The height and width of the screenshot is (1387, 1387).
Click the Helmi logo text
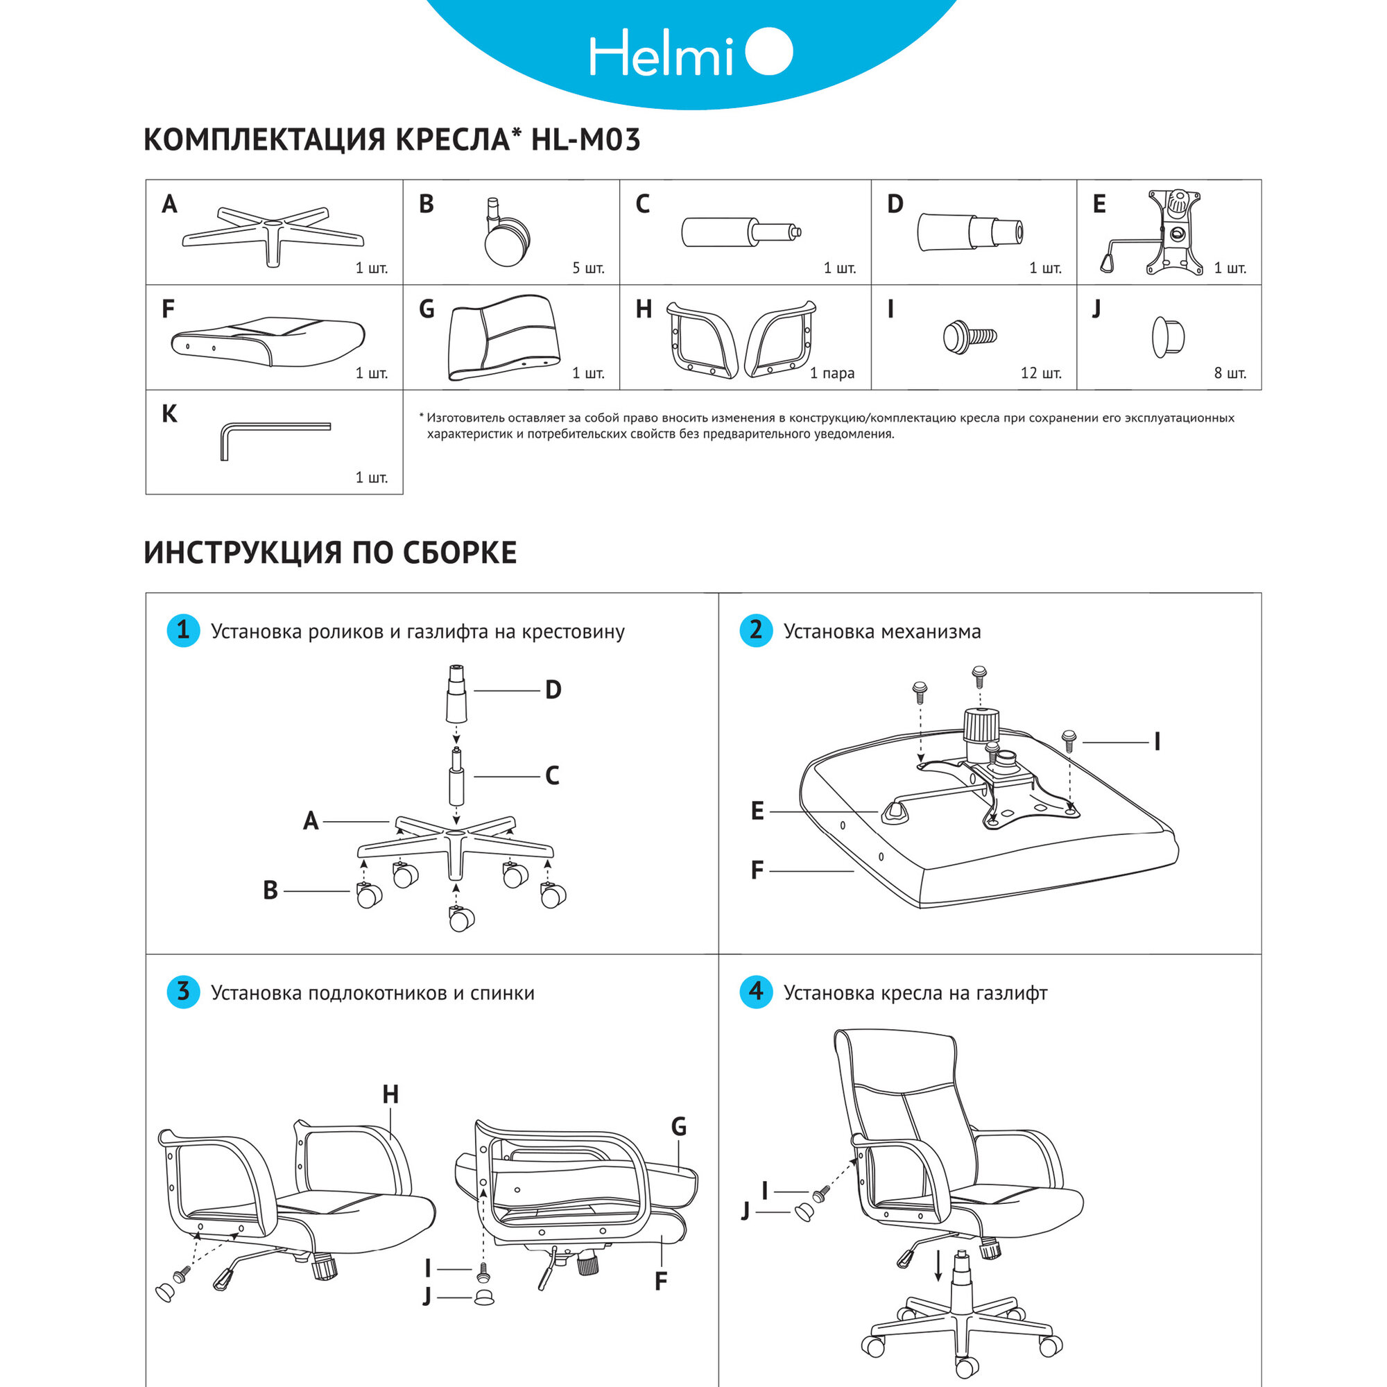click(x=660, y=54)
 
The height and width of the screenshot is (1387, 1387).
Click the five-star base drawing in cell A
click(x=273, y=233)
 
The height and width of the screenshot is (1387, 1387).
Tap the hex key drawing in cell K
click(x=273, y=438)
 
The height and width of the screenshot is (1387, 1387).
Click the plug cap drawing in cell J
click(x=1168, y=336)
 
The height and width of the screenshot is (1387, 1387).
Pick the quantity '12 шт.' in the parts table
click(x=1040, y=373)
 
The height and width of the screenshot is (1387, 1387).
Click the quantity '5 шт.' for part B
click(x=588, y=268)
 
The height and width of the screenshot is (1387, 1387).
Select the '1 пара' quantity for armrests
click(x=832, y=373)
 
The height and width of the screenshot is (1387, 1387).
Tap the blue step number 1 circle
click(x=183, y=630)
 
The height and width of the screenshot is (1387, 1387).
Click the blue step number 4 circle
click(x=756, y=992)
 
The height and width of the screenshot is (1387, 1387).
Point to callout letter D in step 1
click(x=553, y=690)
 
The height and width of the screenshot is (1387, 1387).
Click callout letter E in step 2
click(x=757, y=811)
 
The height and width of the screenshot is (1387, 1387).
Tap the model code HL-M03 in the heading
click(x=585, y=139)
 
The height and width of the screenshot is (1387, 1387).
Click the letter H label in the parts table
click(x=644, y=309)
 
